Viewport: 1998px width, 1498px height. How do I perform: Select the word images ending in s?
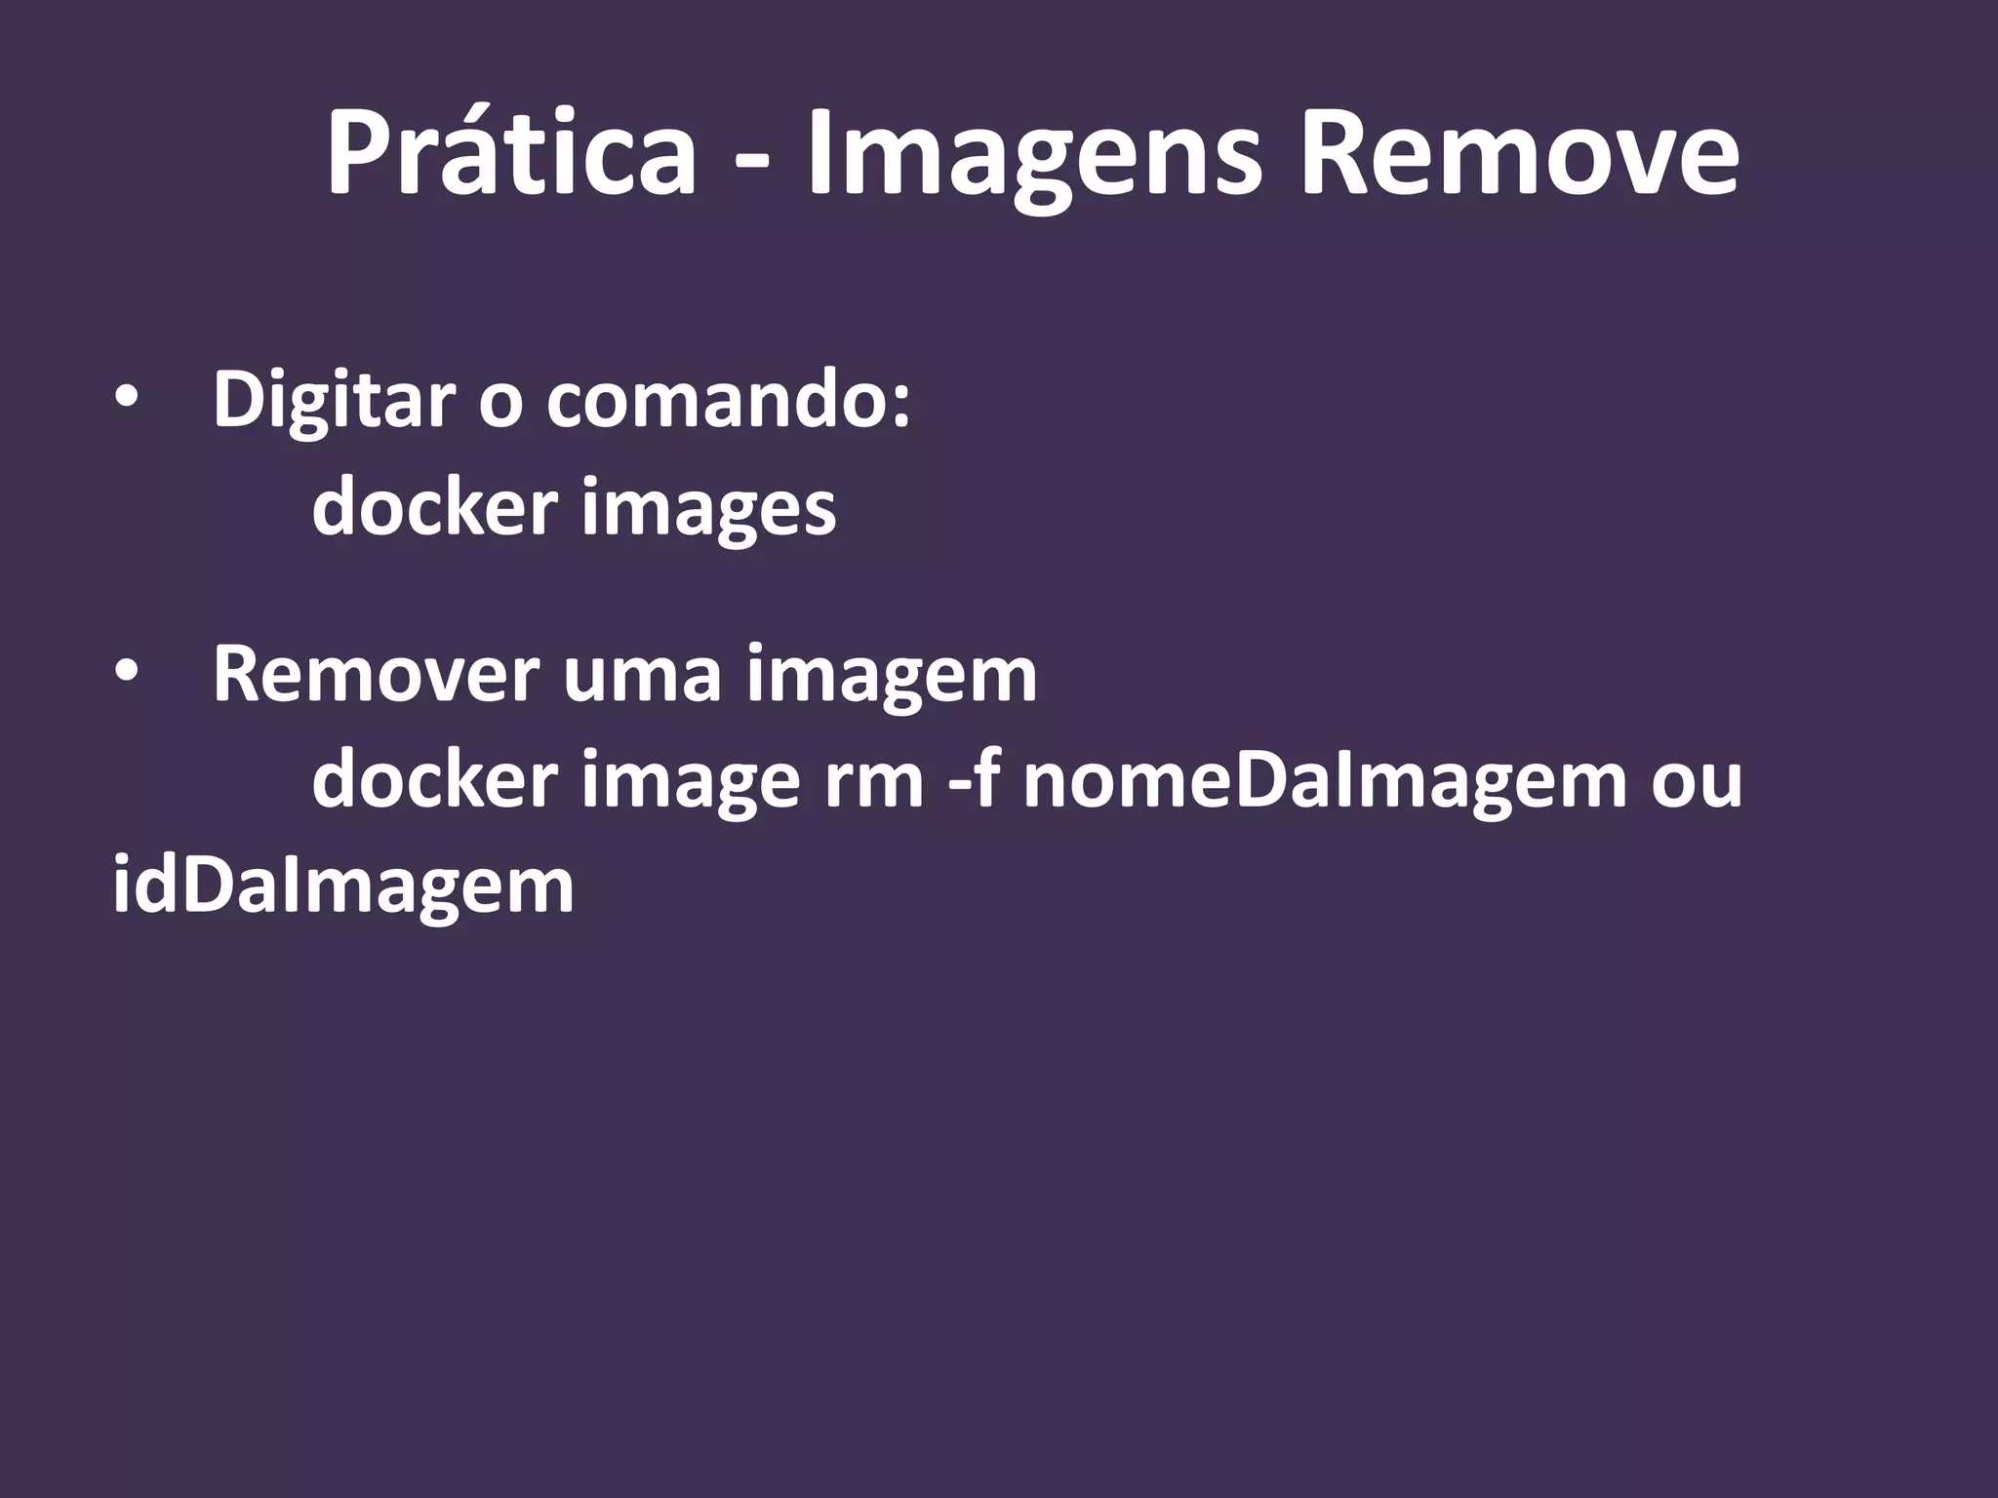709,509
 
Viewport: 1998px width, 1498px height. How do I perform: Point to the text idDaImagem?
343,887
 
